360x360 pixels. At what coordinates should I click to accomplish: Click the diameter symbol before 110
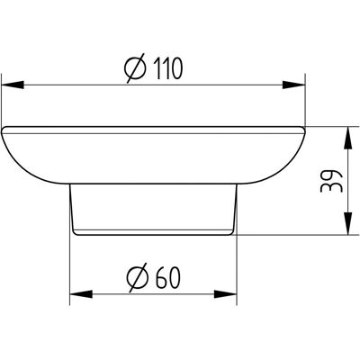pos(135,68)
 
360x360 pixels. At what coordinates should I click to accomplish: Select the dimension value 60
pos(168,277)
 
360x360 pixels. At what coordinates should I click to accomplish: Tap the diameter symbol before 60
pos(138,277)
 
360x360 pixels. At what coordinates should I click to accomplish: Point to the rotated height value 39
pos(331,182)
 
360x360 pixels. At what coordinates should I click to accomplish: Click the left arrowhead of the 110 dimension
pos(13,85)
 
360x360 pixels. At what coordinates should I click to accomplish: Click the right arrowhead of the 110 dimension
pos(293,85)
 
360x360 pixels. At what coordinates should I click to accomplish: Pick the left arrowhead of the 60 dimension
pos(81,294)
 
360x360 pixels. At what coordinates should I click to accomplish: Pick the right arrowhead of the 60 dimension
pos(225,294)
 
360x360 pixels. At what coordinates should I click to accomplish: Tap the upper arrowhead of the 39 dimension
pos(347,138)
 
